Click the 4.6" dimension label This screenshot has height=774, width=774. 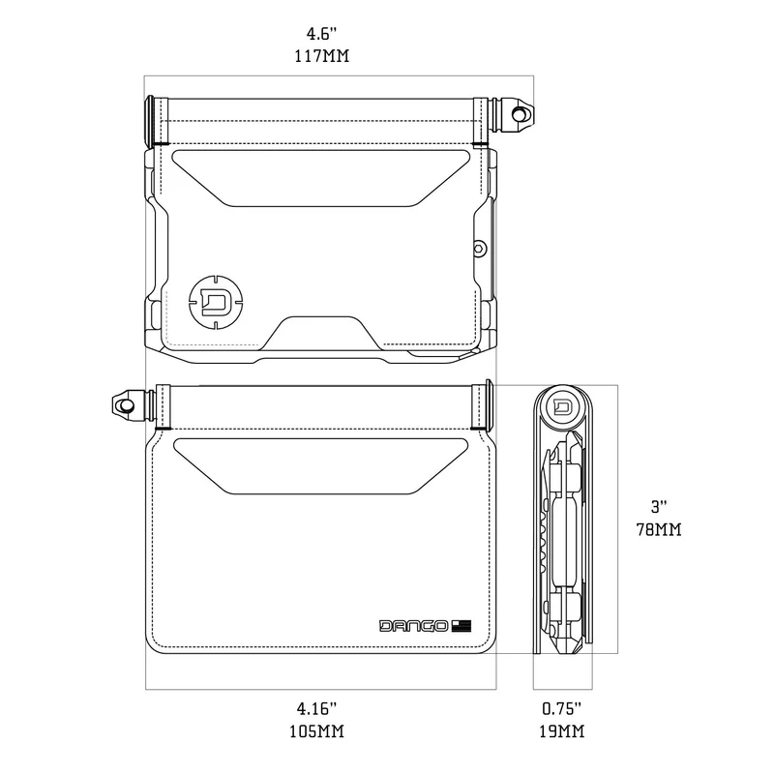(321, 35)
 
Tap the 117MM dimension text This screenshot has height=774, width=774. (322, 56)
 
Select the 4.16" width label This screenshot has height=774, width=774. (317, 709)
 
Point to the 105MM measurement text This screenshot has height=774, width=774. (317, 731)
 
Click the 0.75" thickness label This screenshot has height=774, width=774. (562, 709)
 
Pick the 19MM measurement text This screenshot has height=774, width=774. (562, 731)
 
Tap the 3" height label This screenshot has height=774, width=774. (659, 507)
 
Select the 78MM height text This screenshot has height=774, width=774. (659, 529)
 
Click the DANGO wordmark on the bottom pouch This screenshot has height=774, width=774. (414, 626)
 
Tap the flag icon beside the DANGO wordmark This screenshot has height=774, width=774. (461, 626)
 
